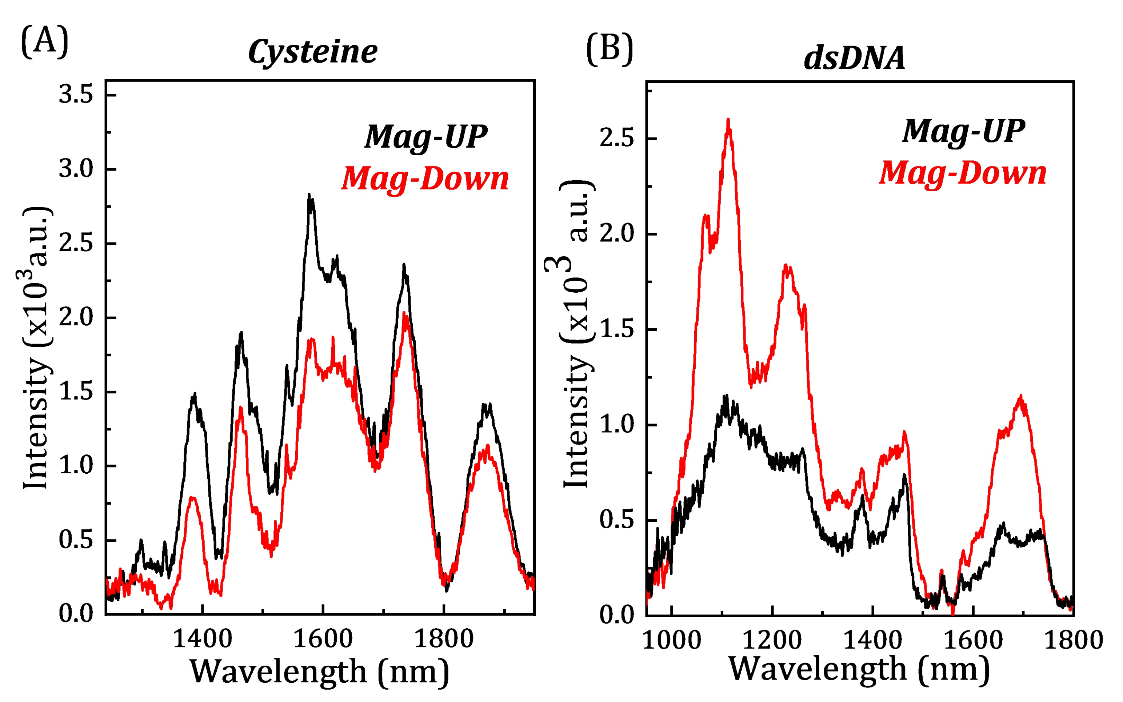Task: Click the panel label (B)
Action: [610, 50]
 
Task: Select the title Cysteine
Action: [312, 52]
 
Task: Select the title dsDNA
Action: [855, 59]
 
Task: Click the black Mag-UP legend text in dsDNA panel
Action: [964, 131]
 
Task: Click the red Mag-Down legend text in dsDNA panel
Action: [963, 173]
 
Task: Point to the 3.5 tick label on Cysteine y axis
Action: [76, 95]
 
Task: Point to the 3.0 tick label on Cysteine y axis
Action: [76, 169]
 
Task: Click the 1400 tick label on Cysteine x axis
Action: [202, 639]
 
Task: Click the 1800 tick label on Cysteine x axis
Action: [444, 639]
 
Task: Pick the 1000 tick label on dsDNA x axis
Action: [672, 641]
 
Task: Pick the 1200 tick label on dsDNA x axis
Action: [772, 641]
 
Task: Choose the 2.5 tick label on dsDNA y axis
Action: [616, 139]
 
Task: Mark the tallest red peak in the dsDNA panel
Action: [728, 120]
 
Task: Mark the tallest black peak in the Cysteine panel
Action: [309, 195]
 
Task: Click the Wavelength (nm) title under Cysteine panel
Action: [320, 672]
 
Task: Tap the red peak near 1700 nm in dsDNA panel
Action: [1020, 397]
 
